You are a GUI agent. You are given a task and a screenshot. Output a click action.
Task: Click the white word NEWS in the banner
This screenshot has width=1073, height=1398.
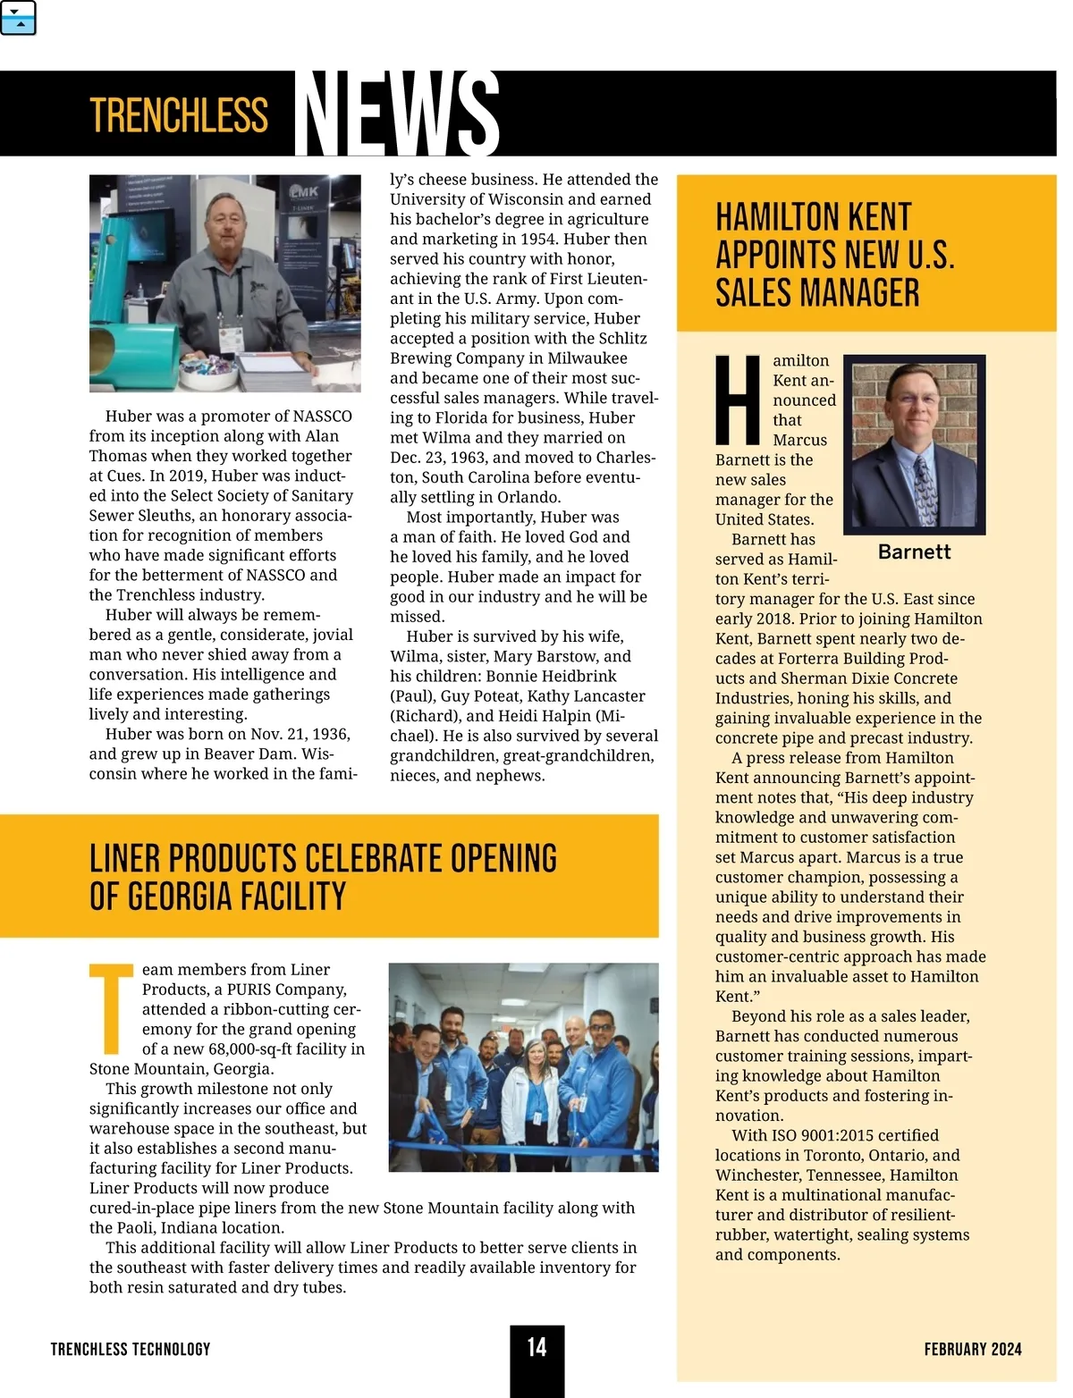[x=396, y=114]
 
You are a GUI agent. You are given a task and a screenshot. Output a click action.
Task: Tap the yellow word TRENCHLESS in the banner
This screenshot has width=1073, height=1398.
[x=179, y=115]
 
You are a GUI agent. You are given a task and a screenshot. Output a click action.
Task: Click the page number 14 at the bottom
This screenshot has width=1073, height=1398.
[x=536, y=1347]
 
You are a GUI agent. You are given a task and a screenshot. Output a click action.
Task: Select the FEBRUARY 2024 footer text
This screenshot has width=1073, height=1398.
[x=973, y=1349]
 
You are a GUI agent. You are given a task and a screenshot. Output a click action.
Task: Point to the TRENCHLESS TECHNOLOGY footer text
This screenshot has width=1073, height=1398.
[x=131, y=1349]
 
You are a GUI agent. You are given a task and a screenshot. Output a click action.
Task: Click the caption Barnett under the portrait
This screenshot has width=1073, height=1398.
[x=914, y=552]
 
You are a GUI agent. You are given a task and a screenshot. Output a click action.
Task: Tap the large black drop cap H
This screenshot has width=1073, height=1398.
[x=739, y=400]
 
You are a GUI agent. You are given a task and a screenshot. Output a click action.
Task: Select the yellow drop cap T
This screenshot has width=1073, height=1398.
[x=113, y=1008]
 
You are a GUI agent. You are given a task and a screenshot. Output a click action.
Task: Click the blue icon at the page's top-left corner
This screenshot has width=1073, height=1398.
[x=19, y=18]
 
